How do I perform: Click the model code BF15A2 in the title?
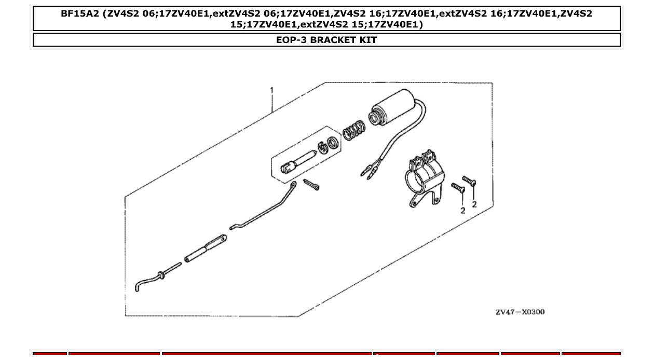[80, 14]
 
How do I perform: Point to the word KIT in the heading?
[368, 40]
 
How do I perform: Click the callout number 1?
[271, 90]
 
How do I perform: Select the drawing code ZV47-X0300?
[520, 312]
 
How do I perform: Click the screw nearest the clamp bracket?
[458, 188]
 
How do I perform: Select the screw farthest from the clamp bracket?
[469, 181]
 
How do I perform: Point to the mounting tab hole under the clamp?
[414, 203]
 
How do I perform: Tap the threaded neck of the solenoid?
[374, 118]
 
